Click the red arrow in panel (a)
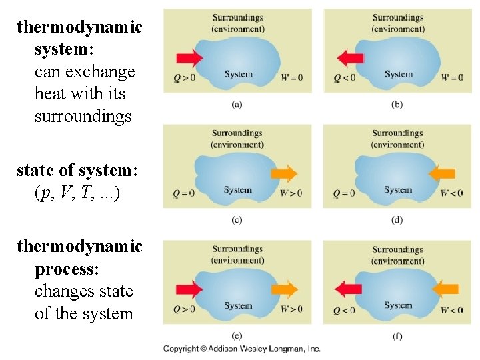(189, 58)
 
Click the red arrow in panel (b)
(350, 57)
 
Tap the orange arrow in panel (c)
(285, 174)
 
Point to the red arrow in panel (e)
(189, 289)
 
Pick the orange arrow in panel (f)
(445, 289)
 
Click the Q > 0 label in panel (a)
(184, 77)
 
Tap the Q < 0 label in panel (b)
(344, 77)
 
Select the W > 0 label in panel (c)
(291, 193)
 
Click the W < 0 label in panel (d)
(451, 193)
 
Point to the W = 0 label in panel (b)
(452, 77)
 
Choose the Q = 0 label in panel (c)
(184, 194)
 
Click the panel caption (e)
(237, 335)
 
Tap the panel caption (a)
(237, 104)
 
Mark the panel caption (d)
(397, 219)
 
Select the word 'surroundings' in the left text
(83, 117)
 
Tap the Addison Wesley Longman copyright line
(242, 349)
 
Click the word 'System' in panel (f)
(398, 305)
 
